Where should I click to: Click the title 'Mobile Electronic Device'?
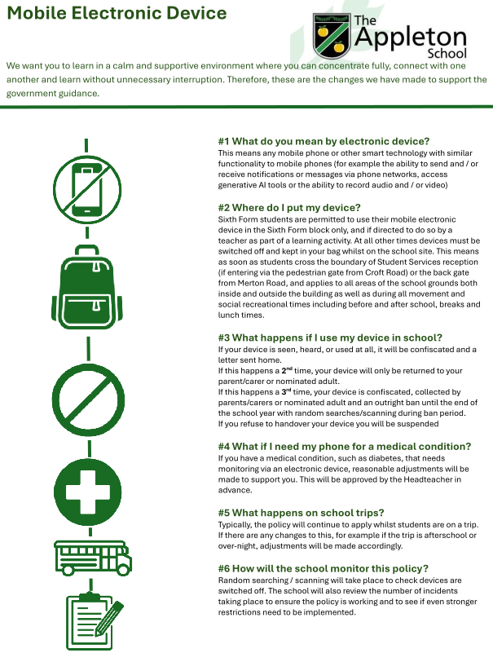click(117, 15)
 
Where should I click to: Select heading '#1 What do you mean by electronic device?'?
click(324, 141)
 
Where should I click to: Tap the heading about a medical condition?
click(345, 446)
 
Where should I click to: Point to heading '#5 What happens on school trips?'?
click(311, 513)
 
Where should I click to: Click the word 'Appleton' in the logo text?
click(413, 37)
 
